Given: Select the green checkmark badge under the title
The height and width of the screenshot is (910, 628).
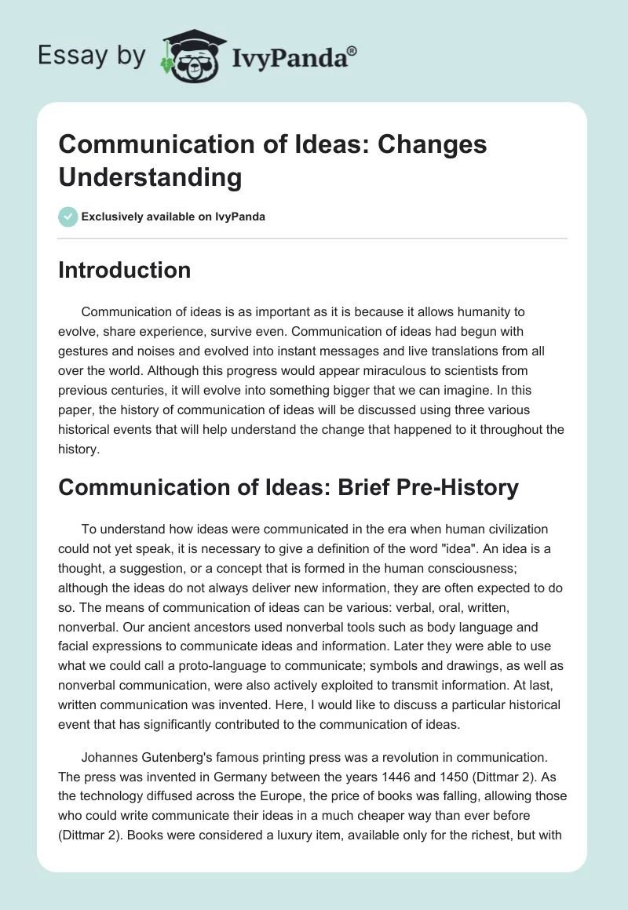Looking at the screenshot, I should tap(68, 217).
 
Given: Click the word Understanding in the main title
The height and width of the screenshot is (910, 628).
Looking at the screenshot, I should tap(150, 177).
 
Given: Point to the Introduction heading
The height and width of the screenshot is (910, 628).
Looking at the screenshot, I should tap(125, 270).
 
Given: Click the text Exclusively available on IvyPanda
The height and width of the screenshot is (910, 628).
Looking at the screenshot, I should tap(173, 217).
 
